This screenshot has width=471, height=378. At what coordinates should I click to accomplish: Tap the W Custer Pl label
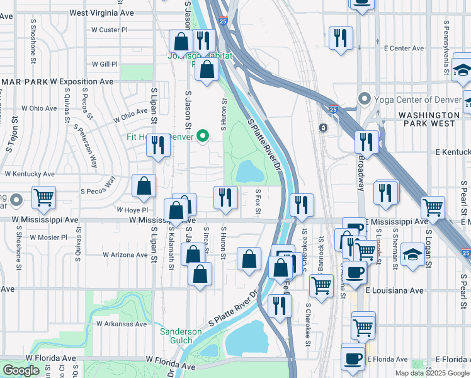(x=109, y=30)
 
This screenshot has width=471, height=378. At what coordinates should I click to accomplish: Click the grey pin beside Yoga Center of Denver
(x=363, y=100)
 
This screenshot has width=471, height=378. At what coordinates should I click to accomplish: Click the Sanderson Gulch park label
(x=181, y=336)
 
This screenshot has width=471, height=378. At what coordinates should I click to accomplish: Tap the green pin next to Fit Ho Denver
(x=203, y=136)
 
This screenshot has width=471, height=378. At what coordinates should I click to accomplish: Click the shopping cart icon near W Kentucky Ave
(x=43, y=197)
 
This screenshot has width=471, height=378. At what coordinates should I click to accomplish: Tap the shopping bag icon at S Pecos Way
(x=144, y=186)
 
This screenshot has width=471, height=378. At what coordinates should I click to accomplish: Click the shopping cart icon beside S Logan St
(x=433, y=207)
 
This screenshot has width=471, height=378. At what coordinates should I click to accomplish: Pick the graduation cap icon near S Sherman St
(x=412, y=255)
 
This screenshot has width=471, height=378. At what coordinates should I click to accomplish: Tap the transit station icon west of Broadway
(x=323, y=127)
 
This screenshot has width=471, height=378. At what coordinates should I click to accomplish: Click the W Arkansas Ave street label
(x=122, y=324)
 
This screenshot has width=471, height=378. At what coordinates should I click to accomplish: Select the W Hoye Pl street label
(x=132, y=210)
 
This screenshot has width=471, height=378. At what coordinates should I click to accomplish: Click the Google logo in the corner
(x=21, y=370)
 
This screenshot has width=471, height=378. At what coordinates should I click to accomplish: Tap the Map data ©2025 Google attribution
(x=431, y=373)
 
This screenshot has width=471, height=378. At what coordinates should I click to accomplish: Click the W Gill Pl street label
(x=105, y=64)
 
